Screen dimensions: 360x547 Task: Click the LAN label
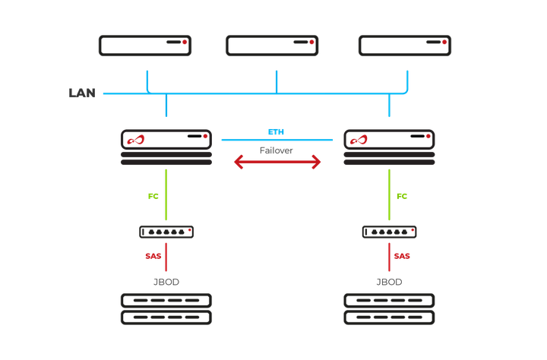(x=81, y=93)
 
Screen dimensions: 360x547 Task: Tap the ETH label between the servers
(x=277, y=131)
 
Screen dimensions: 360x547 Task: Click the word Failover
(x=277, y=150)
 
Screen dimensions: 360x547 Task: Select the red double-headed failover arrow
(x=277, y=163)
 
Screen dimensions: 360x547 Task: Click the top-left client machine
(x=145, y=45)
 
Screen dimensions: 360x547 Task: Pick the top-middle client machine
(x=272, y=45)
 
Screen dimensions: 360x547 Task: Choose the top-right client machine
(x=405, y=45)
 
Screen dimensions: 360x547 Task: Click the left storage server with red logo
(x=166, y=139)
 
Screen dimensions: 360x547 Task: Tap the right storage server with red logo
(x=388, y=139)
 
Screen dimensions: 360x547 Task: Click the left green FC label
(x=153, y=196)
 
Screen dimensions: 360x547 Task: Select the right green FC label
(x=402, y=196)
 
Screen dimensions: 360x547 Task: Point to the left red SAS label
(x=153, y=257)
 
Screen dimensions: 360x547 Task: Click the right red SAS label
(x=402, y=257)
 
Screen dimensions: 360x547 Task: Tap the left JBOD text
(x=166, y=282)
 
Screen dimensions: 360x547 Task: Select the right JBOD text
(x=389, y=282)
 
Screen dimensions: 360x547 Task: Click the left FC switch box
(x=166, y=232)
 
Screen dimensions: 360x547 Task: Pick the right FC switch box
(x=389, y=232)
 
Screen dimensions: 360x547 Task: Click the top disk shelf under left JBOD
(x=166, y=300)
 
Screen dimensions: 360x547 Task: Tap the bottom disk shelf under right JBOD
(x=389, y=317)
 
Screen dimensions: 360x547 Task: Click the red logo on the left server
(x=134, y=140)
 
